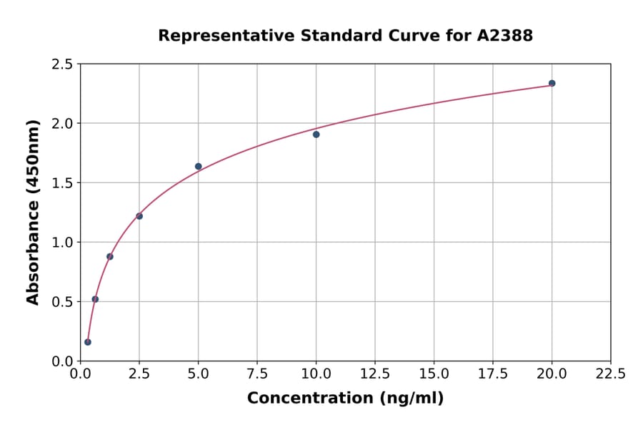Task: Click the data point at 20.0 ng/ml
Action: coord(552,83)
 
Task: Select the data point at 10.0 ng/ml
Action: coord(316,135)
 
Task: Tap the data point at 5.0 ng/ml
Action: coord(198,167)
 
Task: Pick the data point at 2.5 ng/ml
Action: coord(139,216)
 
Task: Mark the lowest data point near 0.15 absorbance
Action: coord(88,342)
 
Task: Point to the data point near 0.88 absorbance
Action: coord(110,256)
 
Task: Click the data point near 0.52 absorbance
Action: coord(95,299)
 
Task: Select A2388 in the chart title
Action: coord(504,36)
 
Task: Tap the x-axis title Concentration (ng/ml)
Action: coord(345,399)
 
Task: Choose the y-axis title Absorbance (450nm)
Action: coord(33,212)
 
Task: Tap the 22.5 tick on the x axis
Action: coord(610,374)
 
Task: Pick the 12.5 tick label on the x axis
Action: coord(375,374)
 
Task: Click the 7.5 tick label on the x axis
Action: coord(257,374)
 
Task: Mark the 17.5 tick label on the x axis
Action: coord(493,374)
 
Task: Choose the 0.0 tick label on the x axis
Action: coord(81,374)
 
